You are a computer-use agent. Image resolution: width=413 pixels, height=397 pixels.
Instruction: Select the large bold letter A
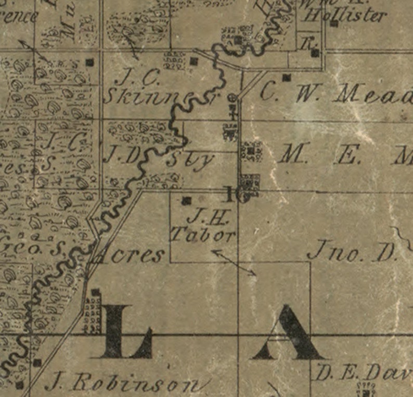(288, 333)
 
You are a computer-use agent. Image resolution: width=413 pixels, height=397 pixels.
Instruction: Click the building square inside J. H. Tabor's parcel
(187, 200)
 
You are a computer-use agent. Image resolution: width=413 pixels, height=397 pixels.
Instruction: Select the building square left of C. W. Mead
(286, 78)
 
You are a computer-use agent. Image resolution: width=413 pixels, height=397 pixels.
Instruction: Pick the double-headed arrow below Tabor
(234, 262)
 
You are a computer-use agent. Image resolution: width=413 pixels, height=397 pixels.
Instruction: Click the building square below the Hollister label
(334, 24)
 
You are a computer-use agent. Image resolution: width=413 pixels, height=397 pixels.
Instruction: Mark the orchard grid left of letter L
(93, 313)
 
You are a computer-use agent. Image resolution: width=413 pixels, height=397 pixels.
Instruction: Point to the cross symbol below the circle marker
(234, 110)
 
